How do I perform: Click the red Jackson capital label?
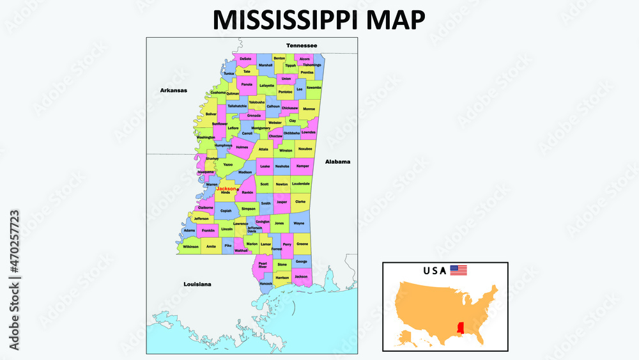pyautogui.click(x=226, y=189)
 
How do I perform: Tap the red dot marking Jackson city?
pyautogui.click(x=238, y=189)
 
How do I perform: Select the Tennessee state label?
pyautogui.click(x=302, y=45)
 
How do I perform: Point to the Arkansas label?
pyautogui.click(x=173, y=91)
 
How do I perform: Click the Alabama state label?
pyautogui.click(x=337, y=162)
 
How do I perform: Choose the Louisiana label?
pyautogui.click(x=197, y=283)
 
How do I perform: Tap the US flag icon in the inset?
pyautogui.click(x=458, y=270)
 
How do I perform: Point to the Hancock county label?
pyautogui.click(x=266, y=283)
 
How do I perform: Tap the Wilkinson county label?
pyautogui.click(x=190, y=246)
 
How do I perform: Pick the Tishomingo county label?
pyautogui.click(x=312, y=65)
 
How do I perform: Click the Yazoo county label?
pyautogui.click(x=228, y=164)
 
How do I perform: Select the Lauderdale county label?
pyautogui.click(x=300, y=184)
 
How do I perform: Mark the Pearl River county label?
pyautogui.click(x=262, y=265)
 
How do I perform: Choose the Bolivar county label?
pyautogui.click(x=212, y=114)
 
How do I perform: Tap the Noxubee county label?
pyautogui.click(x=305, y=148)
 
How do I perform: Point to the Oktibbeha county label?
pyautogui.click(x=291, y=133)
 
